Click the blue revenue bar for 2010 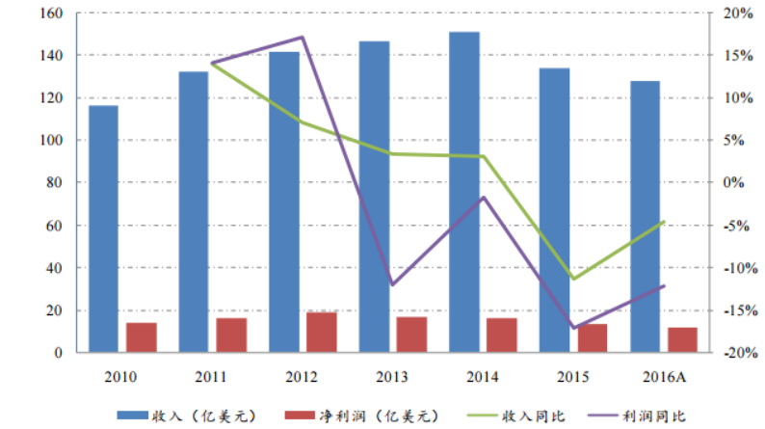tap(103, 229)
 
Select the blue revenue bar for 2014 tap(463, 193)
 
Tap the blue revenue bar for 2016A tap(645, 217)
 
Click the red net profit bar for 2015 tap(593, 338)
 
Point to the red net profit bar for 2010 tap(141, 337)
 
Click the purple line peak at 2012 tap(303, 38)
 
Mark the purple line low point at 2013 tap(392, 284)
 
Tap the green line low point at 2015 tap(573, 279)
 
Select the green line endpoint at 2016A tap(664, 222)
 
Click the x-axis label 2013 tap(392, 376)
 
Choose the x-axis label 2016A tap(664, 376)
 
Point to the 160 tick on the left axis tap(49, 13)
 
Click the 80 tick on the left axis tap(53, 183)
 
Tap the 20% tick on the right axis tap(737, 13)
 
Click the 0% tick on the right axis tap(735, 183)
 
